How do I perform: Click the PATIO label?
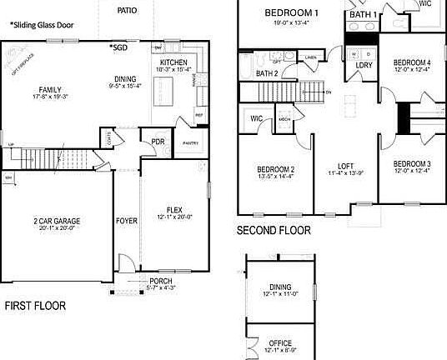tap(128, 11)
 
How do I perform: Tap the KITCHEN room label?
tap(174, 62)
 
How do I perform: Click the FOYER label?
tap(126, 221)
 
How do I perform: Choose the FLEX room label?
tap(174, 209)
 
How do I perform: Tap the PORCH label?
tap(161, 281)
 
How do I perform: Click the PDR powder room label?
tap(157, 141)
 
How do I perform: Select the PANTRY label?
tap(190, 143)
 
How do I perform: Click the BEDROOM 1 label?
tap(292, 13)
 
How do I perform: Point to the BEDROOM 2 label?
tap(275, 169)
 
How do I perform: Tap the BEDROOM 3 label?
tap(412, 163)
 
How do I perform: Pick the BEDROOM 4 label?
tap(412, 62)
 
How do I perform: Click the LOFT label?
tap(346, 165)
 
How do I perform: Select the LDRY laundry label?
tap(364, 65)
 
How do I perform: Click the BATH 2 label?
tap(267, 74)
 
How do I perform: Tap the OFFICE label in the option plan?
tap(280, 342)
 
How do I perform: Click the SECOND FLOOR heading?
tap(274, 230)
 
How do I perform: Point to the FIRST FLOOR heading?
tap(35, 306)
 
